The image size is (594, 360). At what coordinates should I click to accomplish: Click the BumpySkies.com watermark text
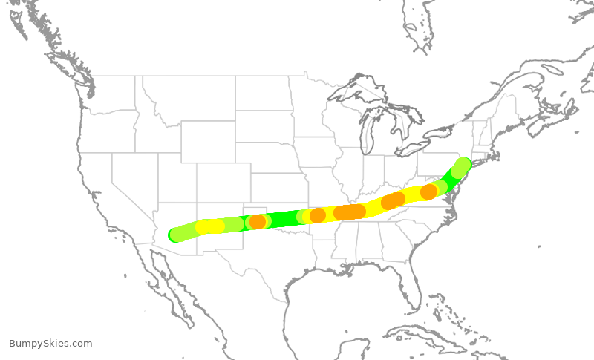(50, 343)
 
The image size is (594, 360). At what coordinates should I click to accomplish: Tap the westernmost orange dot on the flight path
(258, 221)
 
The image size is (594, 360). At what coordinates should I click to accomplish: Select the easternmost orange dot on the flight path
(428, 192)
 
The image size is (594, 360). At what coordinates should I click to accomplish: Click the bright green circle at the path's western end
(175, 235)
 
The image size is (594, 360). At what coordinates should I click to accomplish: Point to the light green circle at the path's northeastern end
(463, 165)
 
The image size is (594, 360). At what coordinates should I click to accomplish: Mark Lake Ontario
(441, 132)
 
